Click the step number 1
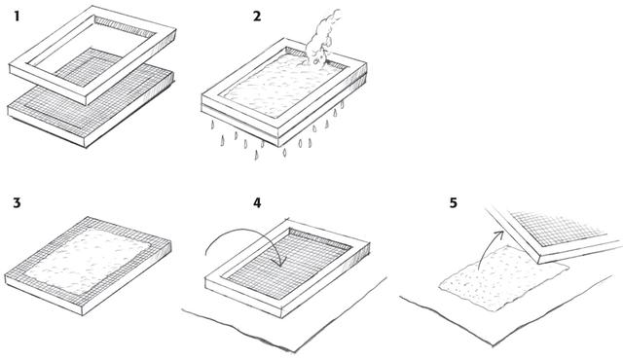click(17, 17)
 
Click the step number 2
click(257, 17)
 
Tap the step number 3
click(17, 202)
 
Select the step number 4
click(257, 202)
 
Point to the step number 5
click(454, 202)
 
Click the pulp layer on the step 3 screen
click(89, 261)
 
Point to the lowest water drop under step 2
click(256, 155)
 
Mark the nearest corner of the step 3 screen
click(82, 315)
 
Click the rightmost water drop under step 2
click(342, 105)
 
